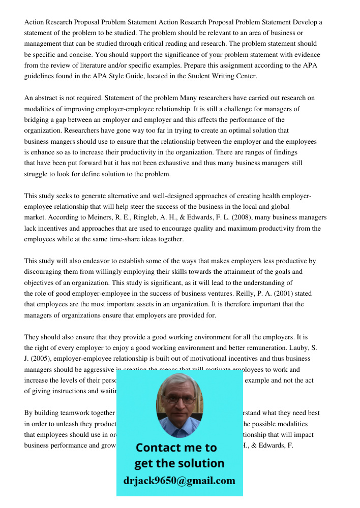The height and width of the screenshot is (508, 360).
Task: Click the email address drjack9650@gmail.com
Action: (179, 481)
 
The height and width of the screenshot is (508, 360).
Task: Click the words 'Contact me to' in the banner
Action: (176, 448)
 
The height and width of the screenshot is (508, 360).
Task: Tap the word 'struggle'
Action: (37, 174)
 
